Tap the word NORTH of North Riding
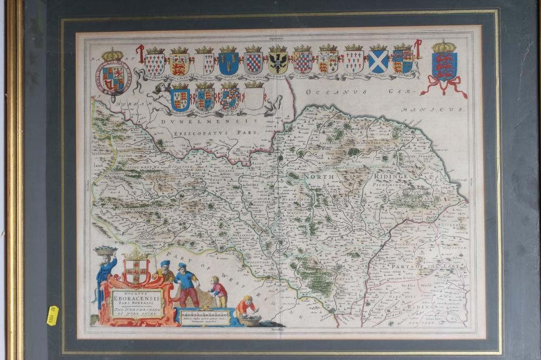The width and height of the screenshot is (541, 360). click(319, 177)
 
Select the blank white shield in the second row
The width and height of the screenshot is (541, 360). click(254, 98)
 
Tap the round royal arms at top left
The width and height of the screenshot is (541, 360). click(113, 77)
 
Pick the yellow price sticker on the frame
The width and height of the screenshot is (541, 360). click(53, 315)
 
